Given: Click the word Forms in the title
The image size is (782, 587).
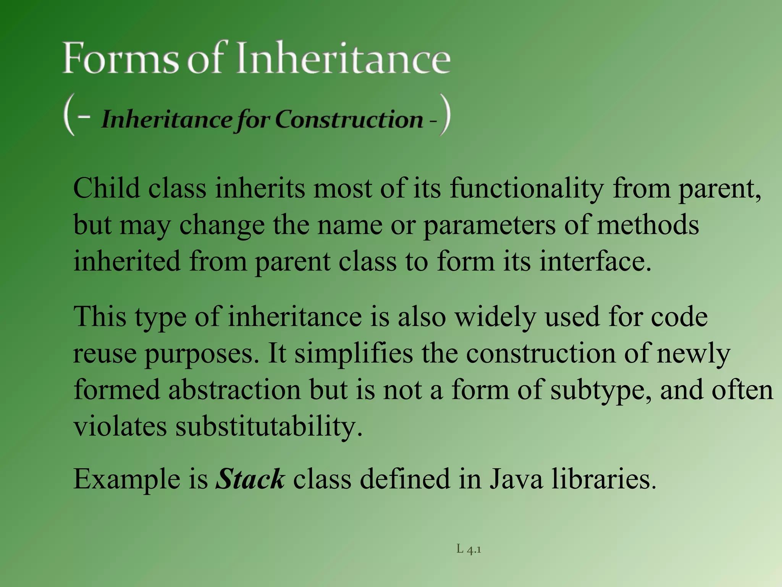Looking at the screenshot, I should (120, 58).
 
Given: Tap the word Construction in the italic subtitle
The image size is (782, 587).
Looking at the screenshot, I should (349, 119).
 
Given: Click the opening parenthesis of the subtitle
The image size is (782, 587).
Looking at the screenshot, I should (69, 115).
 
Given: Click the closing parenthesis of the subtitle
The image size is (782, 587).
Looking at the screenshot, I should (445, 115).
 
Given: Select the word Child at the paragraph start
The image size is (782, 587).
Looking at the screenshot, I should (107, 188).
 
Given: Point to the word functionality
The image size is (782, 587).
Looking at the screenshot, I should (527, 188).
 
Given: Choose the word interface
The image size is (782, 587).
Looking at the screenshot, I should (595, 262).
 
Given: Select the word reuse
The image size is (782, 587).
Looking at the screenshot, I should (105, 354).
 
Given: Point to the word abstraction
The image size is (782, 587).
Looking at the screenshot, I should (235, 390).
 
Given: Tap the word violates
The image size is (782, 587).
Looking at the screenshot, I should (120, 426).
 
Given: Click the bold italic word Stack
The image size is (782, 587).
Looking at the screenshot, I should (250, 479).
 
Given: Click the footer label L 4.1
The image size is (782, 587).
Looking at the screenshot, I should (469, 550).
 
